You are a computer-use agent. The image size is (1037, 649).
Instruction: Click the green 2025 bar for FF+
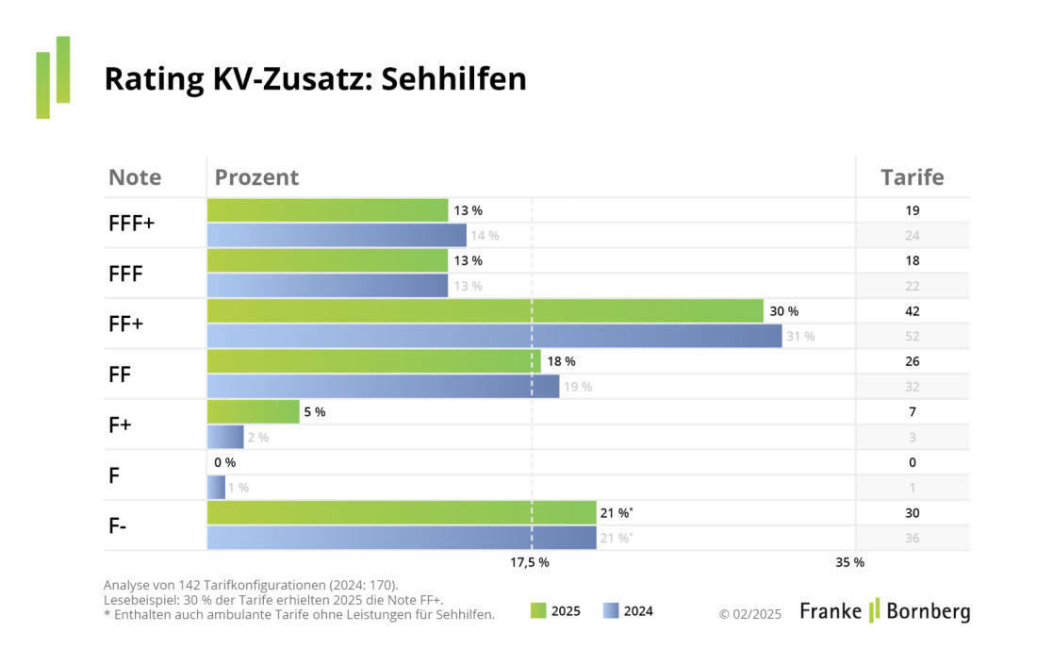click(485, 311)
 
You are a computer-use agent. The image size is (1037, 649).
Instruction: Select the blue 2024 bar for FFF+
click(337, 235)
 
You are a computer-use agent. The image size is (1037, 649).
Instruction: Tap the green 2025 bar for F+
click(253, 412)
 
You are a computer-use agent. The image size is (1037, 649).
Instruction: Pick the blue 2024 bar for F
click(216, 488)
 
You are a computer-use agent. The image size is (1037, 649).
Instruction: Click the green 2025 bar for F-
click(402, 513)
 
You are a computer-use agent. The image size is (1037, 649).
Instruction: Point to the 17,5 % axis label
click(530, 562)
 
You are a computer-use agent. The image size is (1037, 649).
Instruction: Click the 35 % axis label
click(849, 562)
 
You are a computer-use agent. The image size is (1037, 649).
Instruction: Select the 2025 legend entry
click(555, 611)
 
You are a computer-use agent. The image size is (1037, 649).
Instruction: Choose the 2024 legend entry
click(627, 611)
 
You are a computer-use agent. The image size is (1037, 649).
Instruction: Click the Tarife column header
click(912, 177)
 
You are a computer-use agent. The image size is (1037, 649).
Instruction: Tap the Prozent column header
click(256, 177)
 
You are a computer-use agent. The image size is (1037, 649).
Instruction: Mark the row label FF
click(121, 374)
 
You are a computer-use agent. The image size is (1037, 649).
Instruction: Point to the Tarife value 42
click(912, 311)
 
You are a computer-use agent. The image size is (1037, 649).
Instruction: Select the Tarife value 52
click(912, 336)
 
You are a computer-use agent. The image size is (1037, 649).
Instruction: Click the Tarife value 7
click(912, 412)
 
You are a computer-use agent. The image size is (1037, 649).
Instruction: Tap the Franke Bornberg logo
click(884, 611)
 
